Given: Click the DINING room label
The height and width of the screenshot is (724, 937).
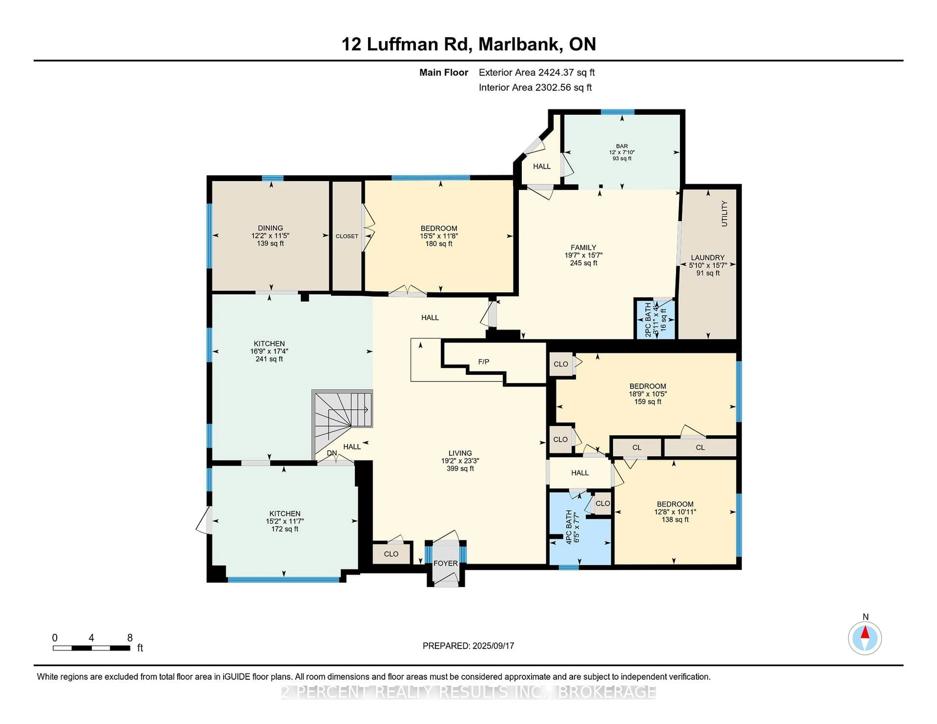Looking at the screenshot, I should click(x=270, y=228).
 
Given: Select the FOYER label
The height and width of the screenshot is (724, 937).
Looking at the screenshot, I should click(x=445, y=563).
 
